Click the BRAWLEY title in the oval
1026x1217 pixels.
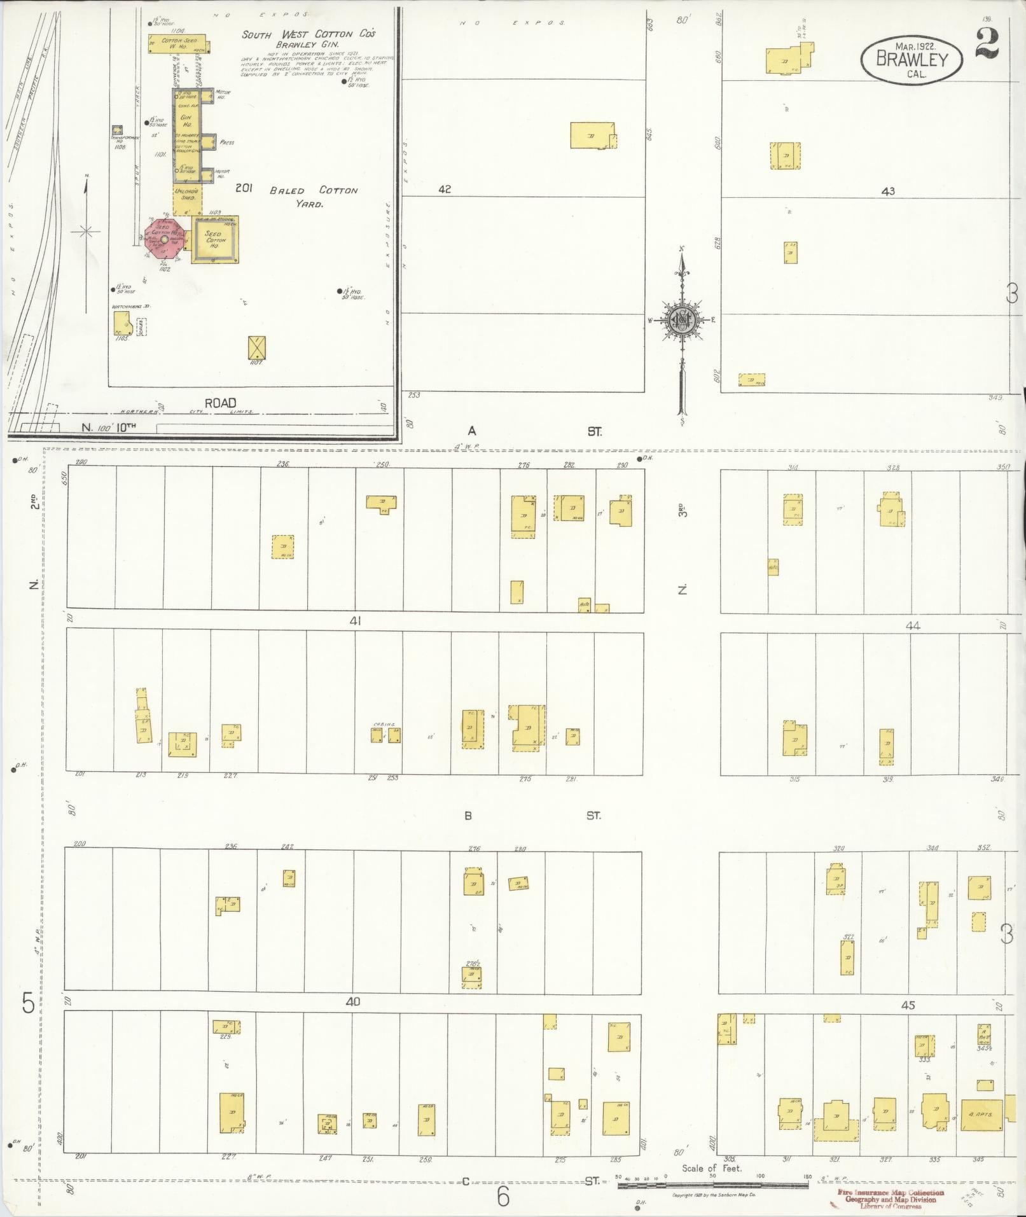click(912, 59)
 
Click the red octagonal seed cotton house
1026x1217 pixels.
click(165, 240)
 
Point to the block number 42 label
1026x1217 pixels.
click(444, 189)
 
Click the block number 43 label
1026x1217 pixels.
click(888, 190)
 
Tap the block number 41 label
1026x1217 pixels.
click(354, 621)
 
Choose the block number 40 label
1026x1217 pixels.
click(352, 1001)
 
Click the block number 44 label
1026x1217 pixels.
click(913, 626)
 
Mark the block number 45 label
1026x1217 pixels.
click(908, 1005)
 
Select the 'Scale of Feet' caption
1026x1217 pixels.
click(712, 1168)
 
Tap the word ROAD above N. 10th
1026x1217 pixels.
click(220, 403)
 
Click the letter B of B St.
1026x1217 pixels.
click(468, 816)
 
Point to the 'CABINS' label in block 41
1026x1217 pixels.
click(384, 724)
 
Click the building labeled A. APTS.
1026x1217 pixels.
click(981, 1115)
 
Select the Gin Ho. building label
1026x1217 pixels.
click(187, 121)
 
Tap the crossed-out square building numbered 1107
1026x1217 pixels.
click(257, 348)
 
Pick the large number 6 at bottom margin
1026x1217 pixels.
click(503, 1197)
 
